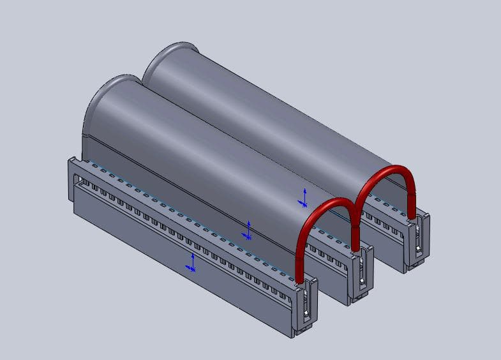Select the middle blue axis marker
[x=248, y=230]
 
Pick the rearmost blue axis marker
[x=304, y=197]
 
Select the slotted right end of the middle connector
[x=361, y=274]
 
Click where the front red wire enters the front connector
[x=299, y=278]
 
